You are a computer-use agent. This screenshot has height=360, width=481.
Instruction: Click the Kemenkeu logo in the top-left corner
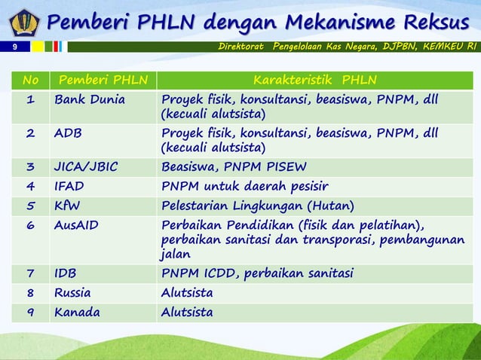click(x=23, y=22)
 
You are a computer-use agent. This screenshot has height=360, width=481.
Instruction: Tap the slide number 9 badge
click(x=14, y=47)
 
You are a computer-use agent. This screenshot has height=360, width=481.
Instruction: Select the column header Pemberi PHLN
click(x=103, y=80)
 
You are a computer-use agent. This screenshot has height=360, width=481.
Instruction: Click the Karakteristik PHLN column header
click(x=315, y=80)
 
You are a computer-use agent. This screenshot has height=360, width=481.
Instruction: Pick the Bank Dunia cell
click(x=90, y=100)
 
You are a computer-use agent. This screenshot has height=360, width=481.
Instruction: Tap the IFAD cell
click(x=69, y=186)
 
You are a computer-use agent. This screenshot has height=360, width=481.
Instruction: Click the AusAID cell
click(x=76, y=224)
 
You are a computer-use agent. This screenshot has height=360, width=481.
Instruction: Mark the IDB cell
click(x=65, y=273)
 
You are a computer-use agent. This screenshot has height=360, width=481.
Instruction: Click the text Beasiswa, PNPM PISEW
click(x=234, y=167)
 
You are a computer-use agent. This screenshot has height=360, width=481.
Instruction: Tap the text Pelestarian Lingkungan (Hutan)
click(x=258, y=205)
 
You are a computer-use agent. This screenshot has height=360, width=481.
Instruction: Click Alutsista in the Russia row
click(x=187, y=292)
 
